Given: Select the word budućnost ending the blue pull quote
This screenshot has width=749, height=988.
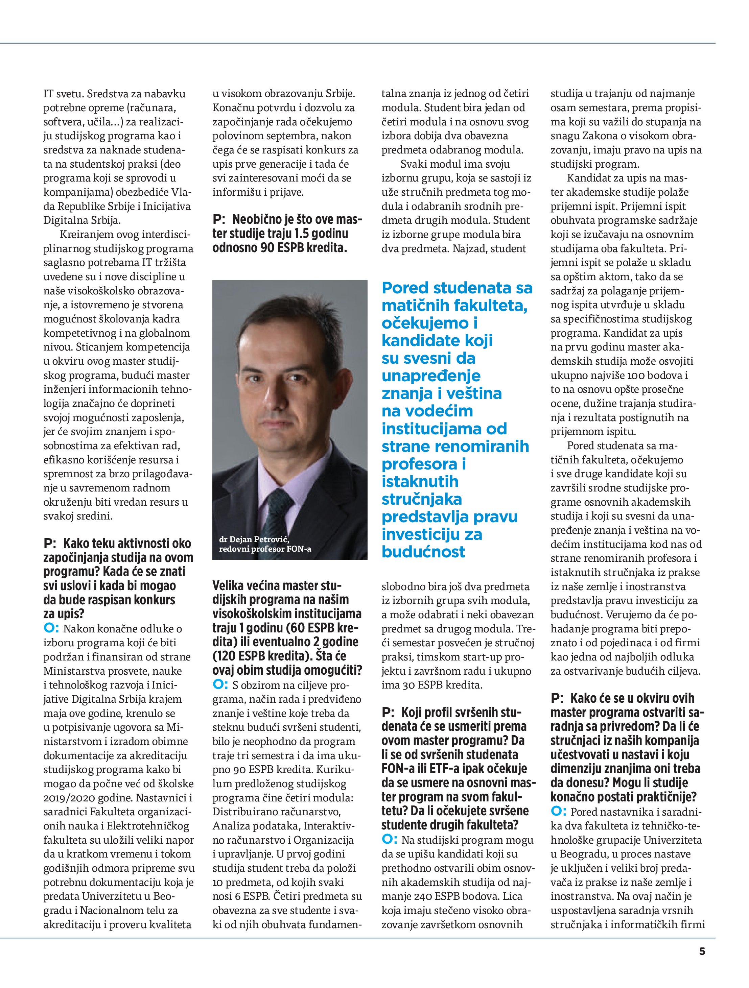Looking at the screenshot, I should tap(423, 552).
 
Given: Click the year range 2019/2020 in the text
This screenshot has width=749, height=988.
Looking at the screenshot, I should tap(64, 798).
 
